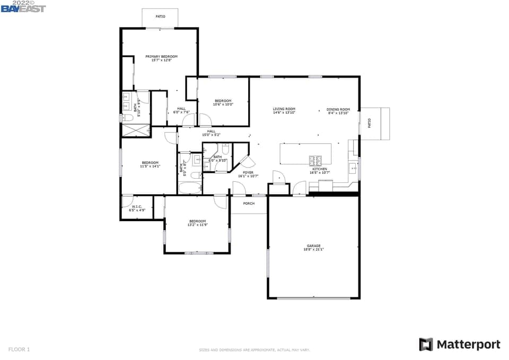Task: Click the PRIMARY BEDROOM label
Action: coord(161,56)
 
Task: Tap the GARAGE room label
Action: coord(313,245)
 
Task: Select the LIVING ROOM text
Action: coord(284,109)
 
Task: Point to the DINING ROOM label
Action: coord(338,109)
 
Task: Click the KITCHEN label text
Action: coord(319,169)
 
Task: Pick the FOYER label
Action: coord(248,172)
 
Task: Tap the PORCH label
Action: coord(249,203)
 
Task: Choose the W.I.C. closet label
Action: coord(137,207)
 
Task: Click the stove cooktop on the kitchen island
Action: coord(316,159)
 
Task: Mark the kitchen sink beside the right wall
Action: coord(353,169)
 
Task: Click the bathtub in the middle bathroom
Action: coord(190,188)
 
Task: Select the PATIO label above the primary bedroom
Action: coord(160,16)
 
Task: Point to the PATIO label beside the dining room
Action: coord(370,124)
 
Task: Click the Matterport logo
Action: coord(459,345)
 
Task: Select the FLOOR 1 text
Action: coord(19,349)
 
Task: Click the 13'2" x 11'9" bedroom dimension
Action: coord(197,225)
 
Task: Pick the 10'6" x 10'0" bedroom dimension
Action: coord(223,104)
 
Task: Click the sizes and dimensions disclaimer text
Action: coord(254,350)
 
